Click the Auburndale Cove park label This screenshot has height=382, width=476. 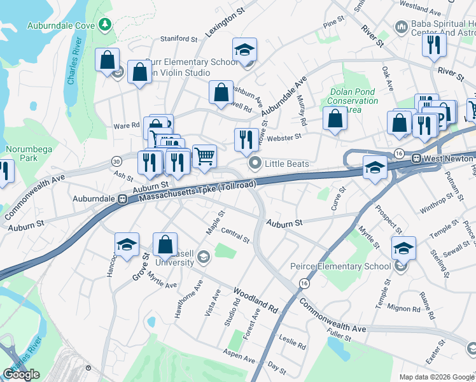60,25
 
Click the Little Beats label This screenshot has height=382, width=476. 286,164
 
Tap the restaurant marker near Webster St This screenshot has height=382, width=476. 246,139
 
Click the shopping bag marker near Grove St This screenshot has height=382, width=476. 165,244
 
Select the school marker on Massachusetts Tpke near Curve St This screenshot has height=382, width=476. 375,167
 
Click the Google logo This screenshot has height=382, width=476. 21,374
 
